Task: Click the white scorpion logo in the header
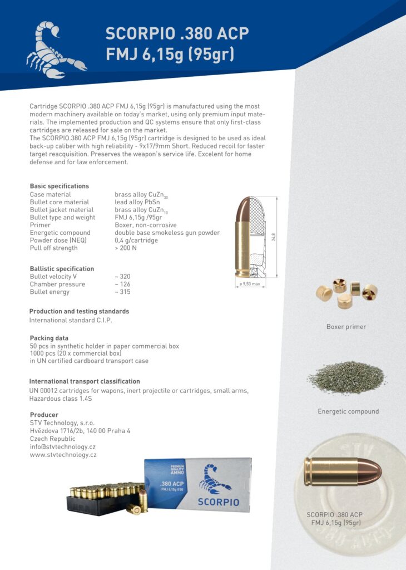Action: coord(56,49)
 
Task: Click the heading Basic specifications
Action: coord(59,186)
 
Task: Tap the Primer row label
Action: coord(40,225)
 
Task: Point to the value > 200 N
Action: coord(126,248)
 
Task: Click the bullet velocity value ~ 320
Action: coord(122,276)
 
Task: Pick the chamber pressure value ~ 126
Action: coord(122,284)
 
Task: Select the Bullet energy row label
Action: coord(49,292)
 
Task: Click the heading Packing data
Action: coord(49,338)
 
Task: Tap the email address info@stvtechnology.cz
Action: coord(63,446)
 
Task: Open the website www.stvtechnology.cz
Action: coord(63,455)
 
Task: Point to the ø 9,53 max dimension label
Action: coord(250,284)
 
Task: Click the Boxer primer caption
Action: coord(346,327)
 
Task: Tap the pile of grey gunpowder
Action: coord(346,377)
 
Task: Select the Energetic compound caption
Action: coord(348,411)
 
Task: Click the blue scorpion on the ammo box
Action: coord(214,478)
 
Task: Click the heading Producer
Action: coord(44,415)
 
